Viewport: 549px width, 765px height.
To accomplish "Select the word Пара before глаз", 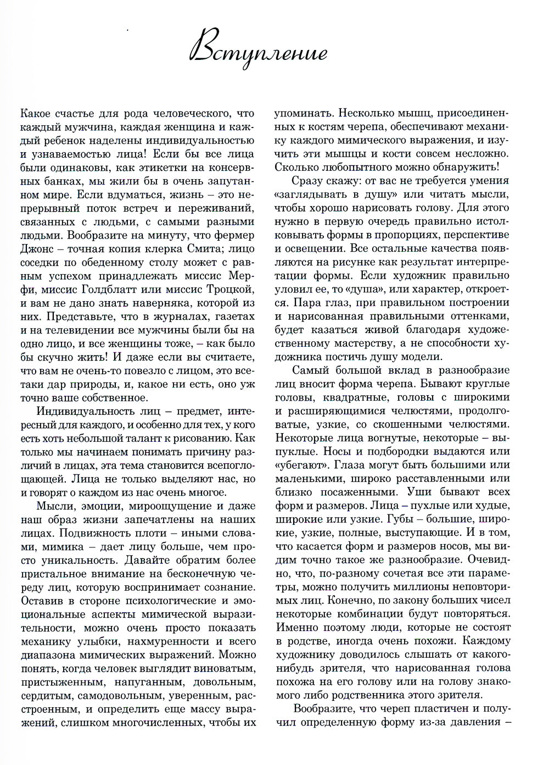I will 307,303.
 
